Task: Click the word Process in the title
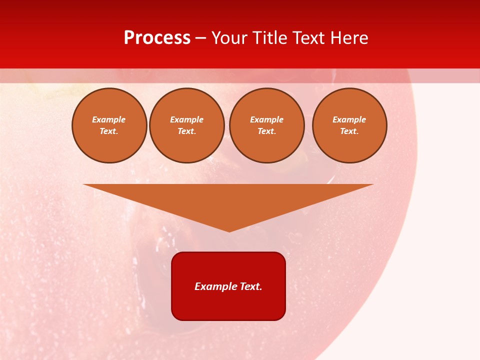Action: [x=157, y=38]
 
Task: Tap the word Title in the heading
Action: [x=268, y=38]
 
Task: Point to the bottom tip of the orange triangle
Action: [x=229, y=230]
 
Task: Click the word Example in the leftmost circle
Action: [x=109, y=119]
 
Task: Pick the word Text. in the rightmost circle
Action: [x=349, y=131]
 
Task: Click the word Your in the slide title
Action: [x=229, y=38]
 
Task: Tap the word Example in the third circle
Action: [x=266, y=119]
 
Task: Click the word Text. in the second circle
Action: [x=186, y=131]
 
